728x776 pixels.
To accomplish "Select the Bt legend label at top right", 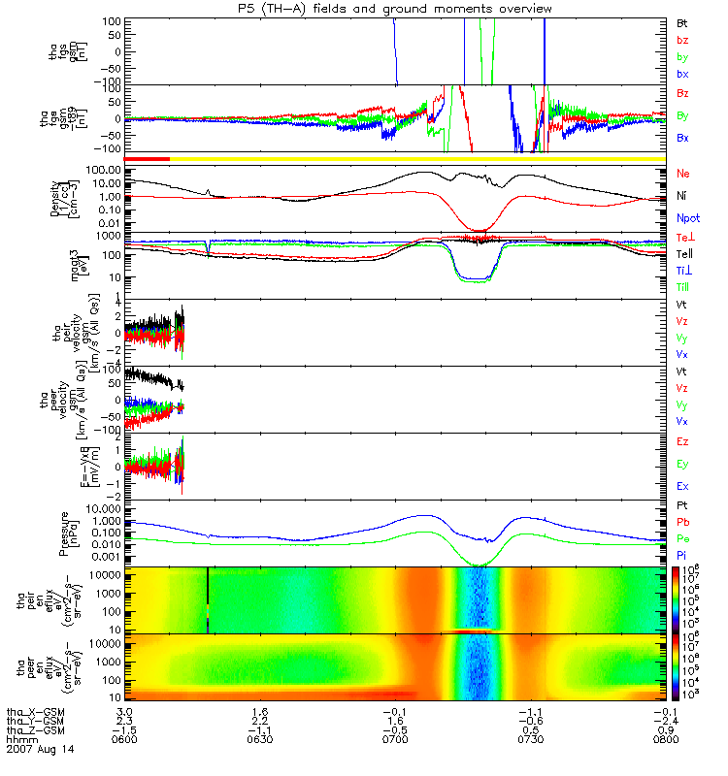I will pyautogui.click(x=682, y=22).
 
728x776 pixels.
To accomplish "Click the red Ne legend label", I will pyautogui.click(x=682, y=173).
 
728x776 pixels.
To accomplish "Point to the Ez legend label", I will pyautogui.click(x=682, y=441).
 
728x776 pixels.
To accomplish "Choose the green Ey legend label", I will pyautogui.click(x=682, y=463).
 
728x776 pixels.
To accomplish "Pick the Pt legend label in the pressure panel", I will pyautogui.click(x=682, y=507).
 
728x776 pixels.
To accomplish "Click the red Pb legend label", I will pyautogui.click(x=682, y=523).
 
